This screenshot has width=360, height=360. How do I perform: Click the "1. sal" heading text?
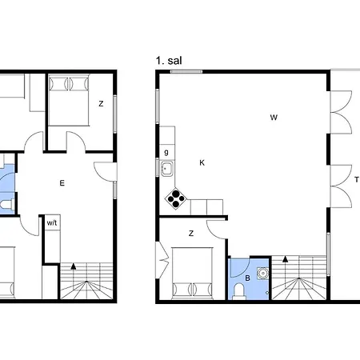[x=169, y=61]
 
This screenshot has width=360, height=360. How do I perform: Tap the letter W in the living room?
[x=274, y=118]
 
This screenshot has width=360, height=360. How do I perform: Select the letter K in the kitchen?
[x=202, y=162]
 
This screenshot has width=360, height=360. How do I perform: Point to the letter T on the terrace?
[x=357, y=180]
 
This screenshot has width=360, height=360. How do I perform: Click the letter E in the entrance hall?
[x=62, y=183]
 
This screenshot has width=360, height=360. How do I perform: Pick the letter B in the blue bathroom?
[x=247, y=278]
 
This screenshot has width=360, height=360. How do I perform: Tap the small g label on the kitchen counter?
[x=166, y=152]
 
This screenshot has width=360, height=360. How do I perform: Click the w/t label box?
[x=52, y=222]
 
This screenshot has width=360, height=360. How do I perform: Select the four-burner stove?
[x=176, y=198]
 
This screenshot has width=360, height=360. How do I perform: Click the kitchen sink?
[x=167, y=169]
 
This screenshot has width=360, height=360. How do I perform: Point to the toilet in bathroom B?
[x=238, y=291]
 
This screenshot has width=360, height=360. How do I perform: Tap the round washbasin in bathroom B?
[x=263, y=273]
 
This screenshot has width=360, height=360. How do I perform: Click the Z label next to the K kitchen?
[x=191, y=234]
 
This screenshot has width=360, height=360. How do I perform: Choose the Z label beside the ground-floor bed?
[x=101, y=103]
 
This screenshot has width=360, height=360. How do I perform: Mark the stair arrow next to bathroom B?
[x=286, y=258]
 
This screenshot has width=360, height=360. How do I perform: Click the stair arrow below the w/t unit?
[x=74, y=266]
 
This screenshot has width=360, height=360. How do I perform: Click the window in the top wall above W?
[x=186, y=71]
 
